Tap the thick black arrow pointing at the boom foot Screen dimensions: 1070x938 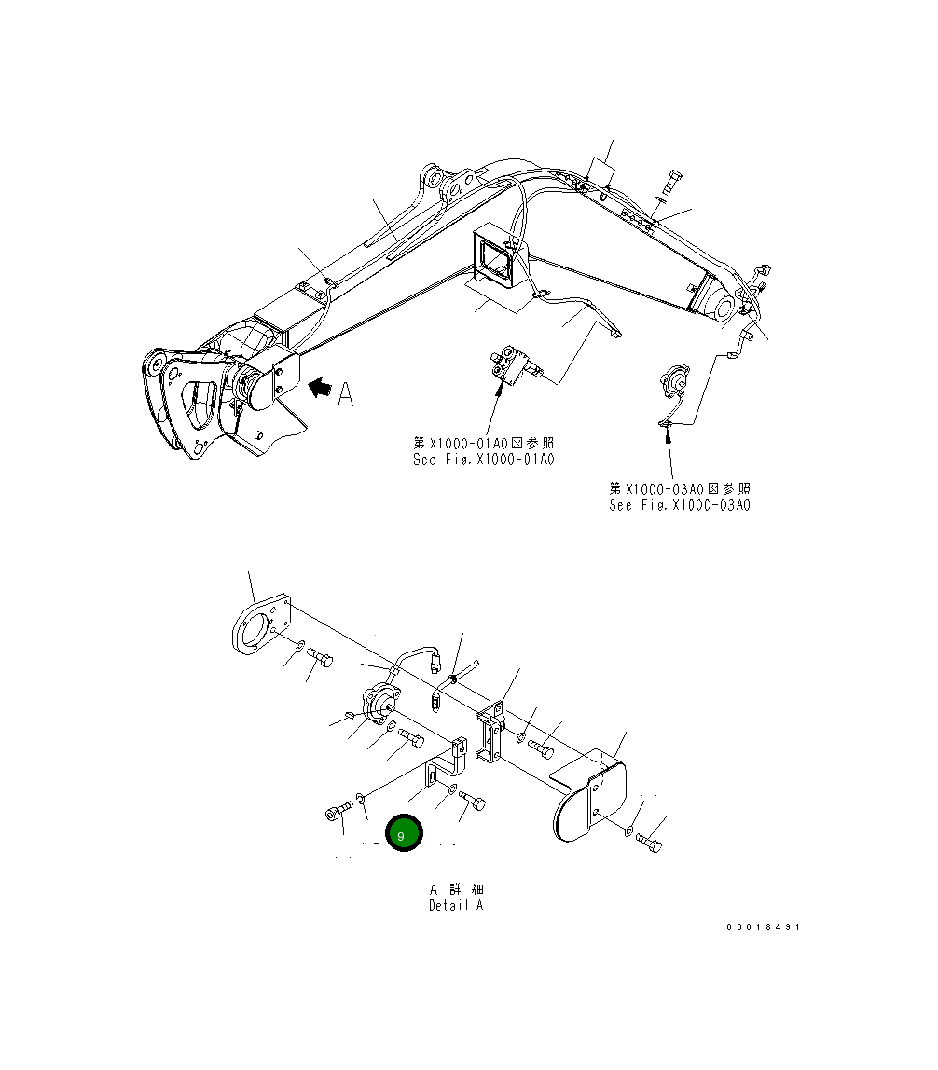tap(319, 390)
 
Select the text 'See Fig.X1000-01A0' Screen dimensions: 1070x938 tap(483, 460)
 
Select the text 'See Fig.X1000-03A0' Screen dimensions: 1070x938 tap(679, 505)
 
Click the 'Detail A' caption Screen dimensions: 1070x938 tap(456, 905)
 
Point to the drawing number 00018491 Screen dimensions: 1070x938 tap(764, 927)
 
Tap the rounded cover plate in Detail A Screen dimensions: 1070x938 tap(587, 800)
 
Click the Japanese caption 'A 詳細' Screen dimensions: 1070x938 tap(456, 889)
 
